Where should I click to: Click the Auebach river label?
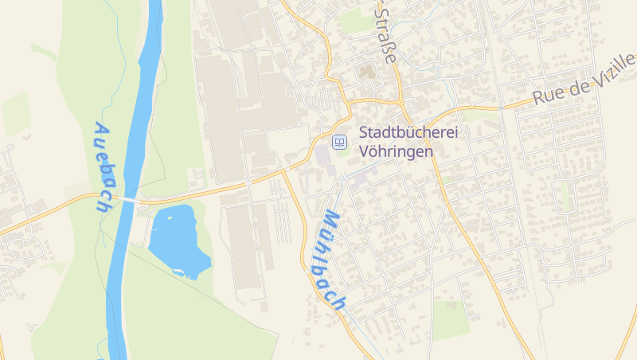pos(105,166)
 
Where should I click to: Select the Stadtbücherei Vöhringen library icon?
pos(339,142)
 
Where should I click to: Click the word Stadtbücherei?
pos(408,133)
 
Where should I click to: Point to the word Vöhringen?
pos(397,151)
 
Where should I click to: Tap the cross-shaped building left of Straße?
pos(367,73)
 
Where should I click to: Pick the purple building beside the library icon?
pos(324,155)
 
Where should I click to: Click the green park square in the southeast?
pos(450,319)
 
